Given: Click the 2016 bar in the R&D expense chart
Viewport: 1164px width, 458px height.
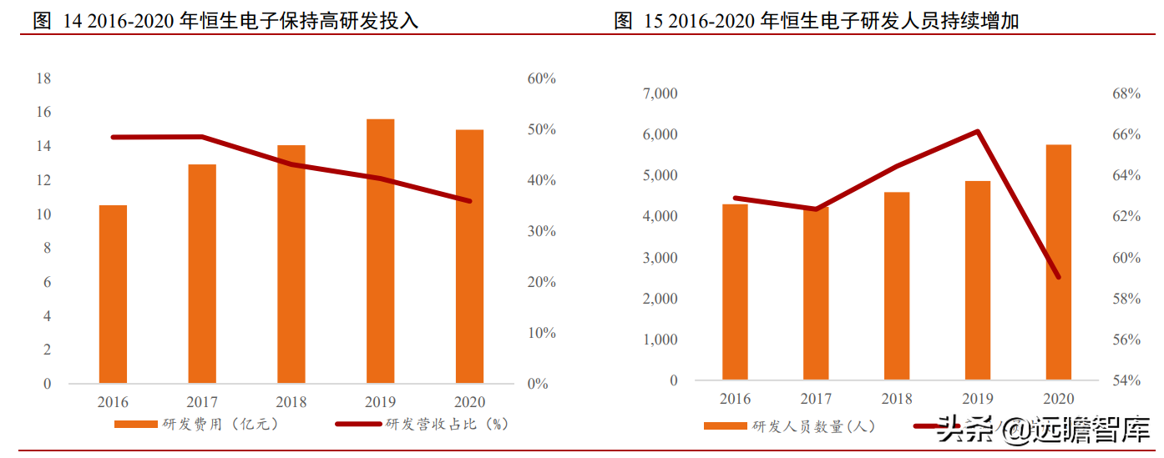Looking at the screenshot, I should coord(113,294).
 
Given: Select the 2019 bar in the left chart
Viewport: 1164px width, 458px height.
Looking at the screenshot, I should coord(380,251).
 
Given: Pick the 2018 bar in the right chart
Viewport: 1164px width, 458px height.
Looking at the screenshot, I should coord(897,286).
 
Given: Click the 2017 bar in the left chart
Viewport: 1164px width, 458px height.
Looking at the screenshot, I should coord(202,274).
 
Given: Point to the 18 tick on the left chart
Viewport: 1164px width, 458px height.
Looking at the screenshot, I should coord(43,78).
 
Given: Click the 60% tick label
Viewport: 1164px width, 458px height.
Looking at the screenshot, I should coord(541,78).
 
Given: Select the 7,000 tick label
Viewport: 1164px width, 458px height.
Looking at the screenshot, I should coord(660,93).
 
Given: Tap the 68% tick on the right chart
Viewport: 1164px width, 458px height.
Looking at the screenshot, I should coord(1126,93).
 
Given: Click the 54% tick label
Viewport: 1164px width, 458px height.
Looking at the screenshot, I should coord(1126,380).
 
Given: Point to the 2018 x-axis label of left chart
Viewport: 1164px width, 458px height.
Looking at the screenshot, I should coord(291,402).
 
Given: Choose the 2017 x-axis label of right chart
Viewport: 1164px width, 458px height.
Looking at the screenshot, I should coord(816,399).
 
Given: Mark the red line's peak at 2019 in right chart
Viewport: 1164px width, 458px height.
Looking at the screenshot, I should coord(977,132).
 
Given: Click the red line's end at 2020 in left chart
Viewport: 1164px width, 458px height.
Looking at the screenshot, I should coord(469,201).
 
